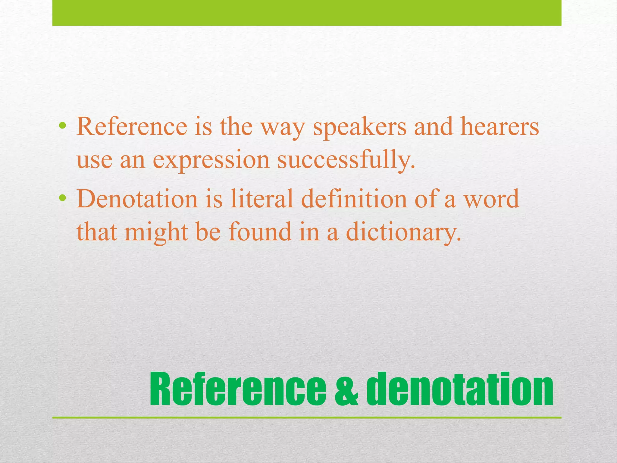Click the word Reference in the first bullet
[x=132, y=127]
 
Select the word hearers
[x=500, y=127]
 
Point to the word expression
[x=211, y=160]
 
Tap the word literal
[x=262, y=199]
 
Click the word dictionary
[x=404, y=233]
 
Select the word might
[x=156, y=233]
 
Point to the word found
[x=260, y=232]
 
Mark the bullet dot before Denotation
[x=62, y=198]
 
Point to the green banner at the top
[x=307, y=13]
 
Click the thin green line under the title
[x=307, y=418]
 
